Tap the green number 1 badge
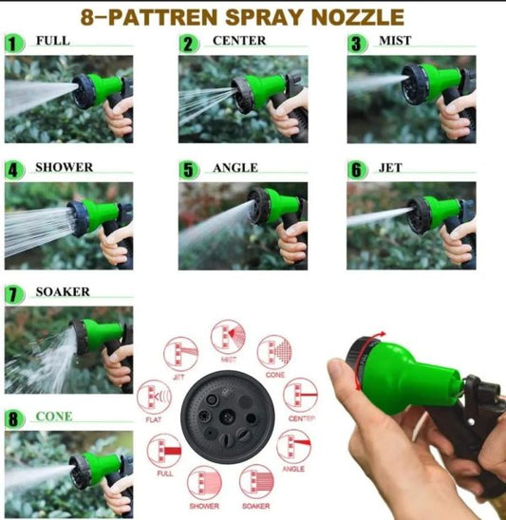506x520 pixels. click(x=13, y=43)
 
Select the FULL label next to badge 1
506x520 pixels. click(x=52, y=41)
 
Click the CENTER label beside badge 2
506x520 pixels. click(x=239, y=41)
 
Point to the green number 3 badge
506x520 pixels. click(x=356, y=44)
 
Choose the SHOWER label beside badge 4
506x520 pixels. click(x=64, y=167)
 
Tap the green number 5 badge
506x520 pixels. click(x=190, y=170)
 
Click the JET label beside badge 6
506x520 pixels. click(x=389, y=168)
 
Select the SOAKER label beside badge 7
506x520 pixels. click(x=63, y=292)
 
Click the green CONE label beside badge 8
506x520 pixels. click(x=53, y=417)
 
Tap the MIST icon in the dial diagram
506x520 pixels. click(x=227, y=339)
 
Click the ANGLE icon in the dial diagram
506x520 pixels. click(x=292, y=444)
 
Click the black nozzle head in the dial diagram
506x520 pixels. click(x=228, y=414)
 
